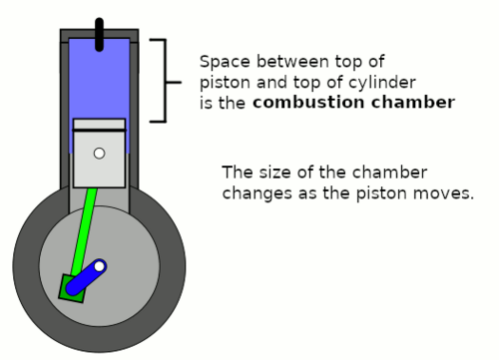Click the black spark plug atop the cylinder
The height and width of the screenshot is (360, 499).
click(99, 35)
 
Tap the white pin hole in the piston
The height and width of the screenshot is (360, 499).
click(99, 154)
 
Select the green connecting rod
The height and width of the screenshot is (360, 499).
click(84, 232)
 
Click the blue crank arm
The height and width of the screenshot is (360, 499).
click(86, 277)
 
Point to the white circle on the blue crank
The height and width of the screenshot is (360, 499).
click(99, 266)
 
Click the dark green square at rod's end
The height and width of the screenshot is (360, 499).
click(73, 289)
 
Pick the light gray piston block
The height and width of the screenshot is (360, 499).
click(99, 154)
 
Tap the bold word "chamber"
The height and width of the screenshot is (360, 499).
click(413, 102)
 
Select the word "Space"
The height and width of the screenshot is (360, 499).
click(225, 62)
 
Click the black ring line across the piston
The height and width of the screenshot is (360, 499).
click(99, 130)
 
